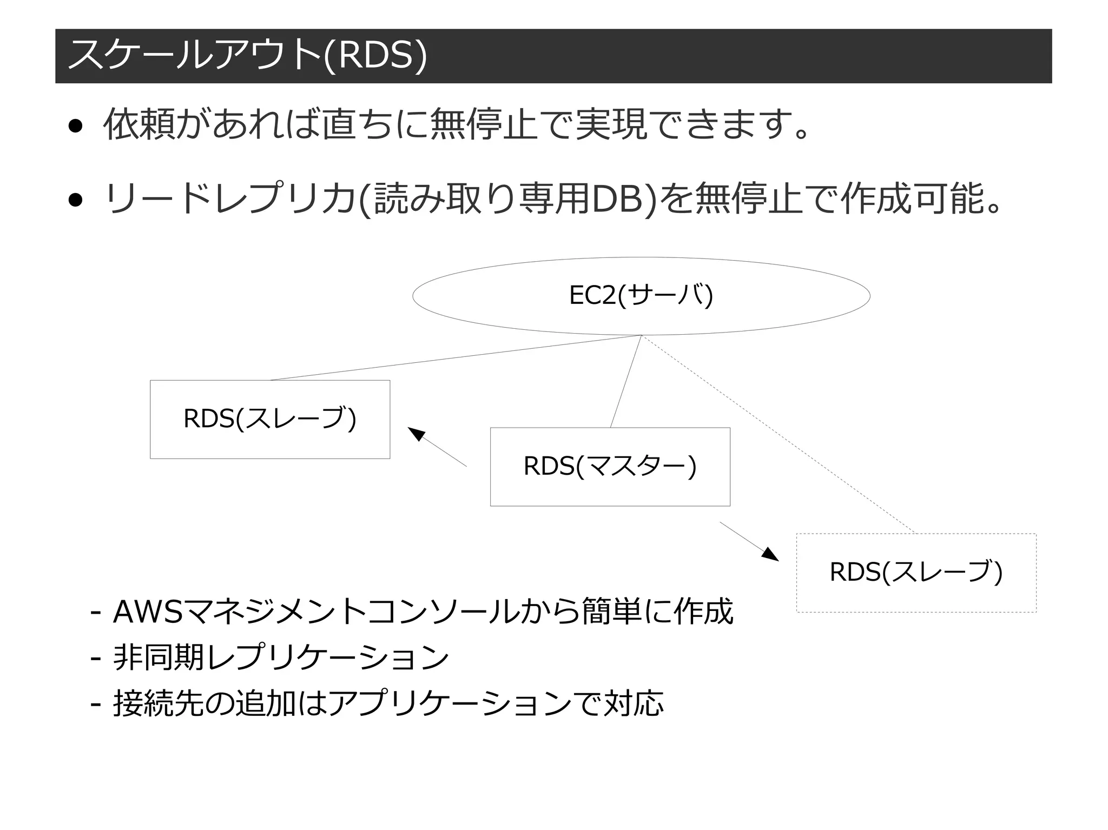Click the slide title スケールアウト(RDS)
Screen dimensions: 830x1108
pos(247,56)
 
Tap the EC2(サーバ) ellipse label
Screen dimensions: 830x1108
pos(641,296)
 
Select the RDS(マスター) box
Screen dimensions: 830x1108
pos(610,467)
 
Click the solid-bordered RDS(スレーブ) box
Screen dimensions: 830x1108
pos(269,419)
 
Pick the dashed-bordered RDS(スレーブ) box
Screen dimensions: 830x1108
pos(916,573)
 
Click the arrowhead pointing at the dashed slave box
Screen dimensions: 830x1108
pos(771,555)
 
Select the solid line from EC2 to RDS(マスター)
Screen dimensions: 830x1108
pos(626,381)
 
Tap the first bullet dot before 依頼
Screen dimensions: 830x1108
pos(75,127)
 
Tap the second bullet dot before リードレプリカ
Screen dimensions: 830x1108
pos(75,201)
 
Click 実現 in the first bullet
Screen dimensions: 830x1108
pos(611,125)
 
